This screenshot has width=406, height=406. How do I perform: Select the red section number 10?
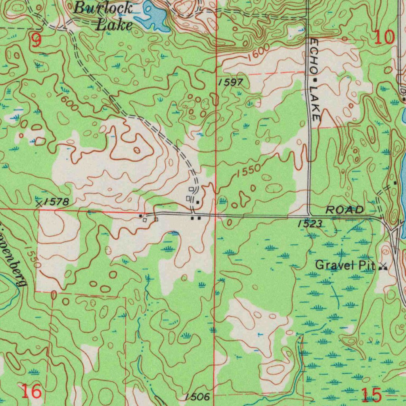(x=384, y=37)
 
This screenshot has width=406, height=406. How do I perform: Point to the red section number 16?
(x=31, y=392)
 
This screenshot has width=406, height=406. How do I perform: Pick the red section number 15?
(x=372, y=395)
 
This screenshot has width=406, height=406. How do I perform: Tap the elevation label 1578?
(x=56, y=202)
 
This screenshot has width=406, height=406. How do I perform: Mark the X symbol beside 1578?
(x=39, y=204)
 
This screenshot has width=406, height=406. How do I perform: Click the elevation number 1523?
(x=310, y=224)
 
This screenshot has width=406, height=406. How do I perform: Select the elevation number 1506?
(x=196, y=397)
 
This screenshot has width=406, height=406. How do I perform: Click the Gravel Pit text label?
(x=345, y=265)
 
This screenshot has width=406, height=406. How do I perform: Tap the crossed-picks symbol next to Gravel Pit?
(x=383, y=267)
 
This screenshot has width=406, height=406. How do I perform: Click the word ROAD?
(x=344, y=210)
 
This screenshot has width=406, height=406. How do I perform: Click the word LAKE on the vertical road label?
(x=315, y=103)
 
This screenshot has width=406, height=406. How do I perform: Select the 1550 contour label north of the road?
(x=248, y=170)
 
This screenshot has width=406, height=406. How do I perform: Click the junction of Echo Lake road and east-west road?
(x=310, y=215)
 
